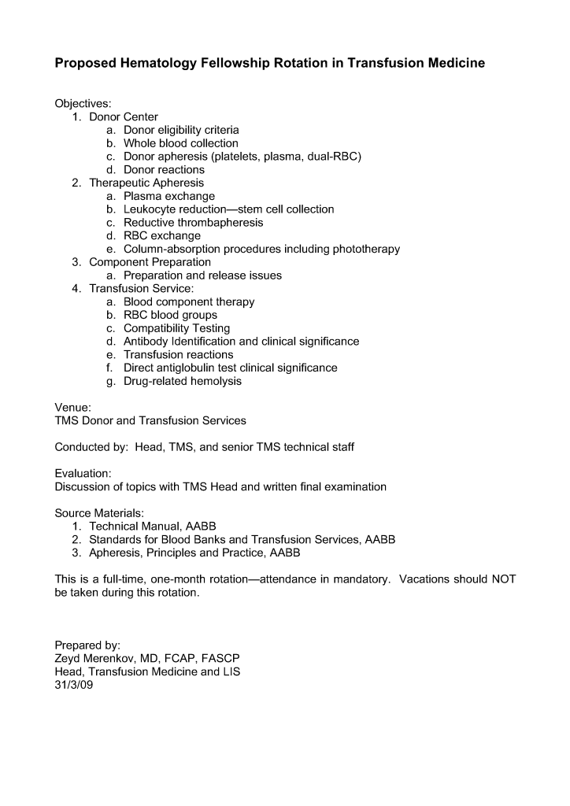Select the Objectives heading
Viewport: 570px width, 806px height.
click(83, 104)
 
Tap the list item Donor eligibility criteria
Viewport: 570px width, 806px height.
click(181, 130)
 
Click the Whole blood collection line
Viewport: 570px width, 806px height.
click(180, 143)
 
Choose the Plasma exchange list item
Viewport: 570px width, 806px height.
click(168, 196)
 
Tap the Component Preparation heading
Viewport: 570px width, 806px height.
click(150, 262)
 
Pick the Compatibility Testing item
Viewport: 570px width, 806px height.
click(176, 328)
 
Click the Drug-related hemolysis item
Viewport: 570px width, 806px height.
click(182, 381)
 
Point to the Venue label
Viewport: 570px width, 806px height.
click(72, 408)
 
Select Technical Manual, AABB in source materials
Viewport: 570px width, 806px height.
click(152, 526)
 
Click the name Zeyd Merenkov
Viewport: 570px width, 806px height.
click(95, 658)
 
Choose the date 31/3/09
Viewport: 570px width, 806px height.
click(74, 685)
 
